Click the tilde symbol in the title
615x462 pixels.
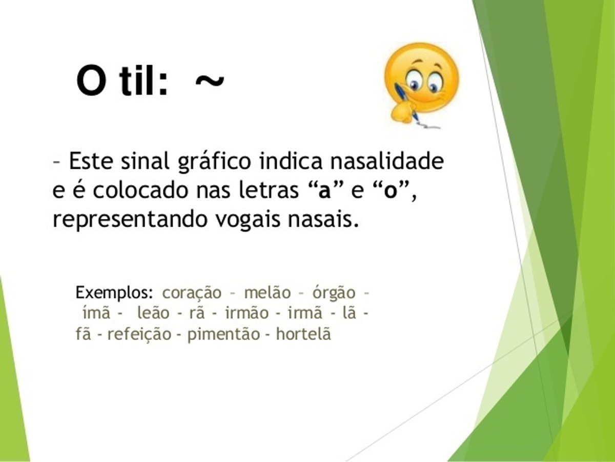210,81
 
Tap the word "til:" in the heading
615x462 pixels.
143,80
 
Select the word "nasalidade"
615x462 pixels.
387,161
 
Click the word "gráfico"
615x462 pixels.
214,162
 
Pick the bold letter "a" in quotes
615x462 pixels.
324,193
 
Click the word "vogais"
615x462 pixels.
248,220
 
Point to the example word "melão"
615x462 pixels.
268,293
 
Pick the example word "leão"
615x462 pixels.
154,313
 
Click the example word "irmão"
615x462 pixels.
247,313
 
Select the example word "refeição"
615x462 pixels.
139,334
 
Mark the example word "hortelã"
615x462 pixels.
303,334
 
